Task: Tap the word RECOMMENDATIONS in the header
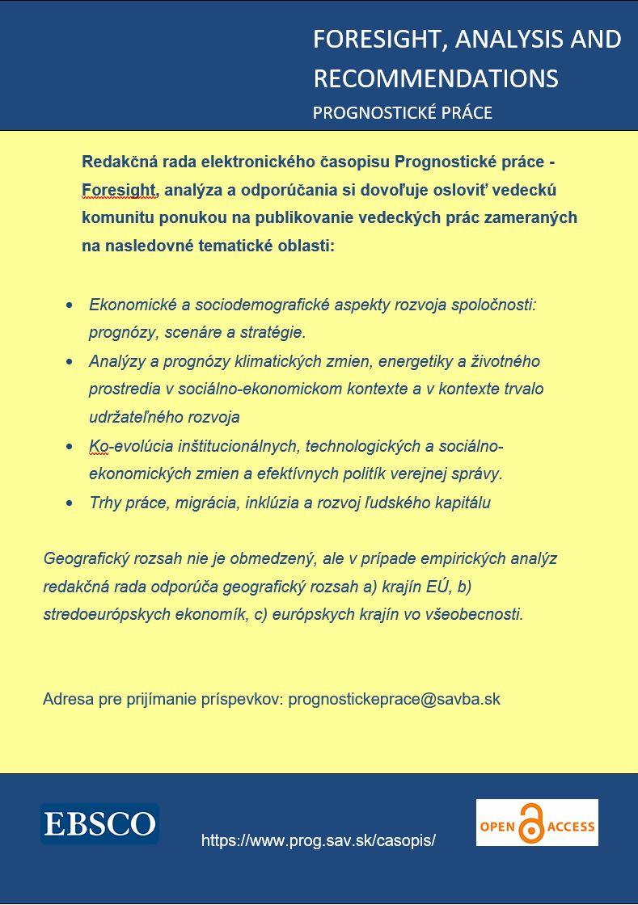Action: point(435,78)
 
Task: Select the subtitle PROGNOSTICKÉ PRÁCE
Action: point(402,112)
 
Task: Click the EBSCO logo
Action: point(100,823)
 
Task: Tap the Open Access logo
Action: point(537,823)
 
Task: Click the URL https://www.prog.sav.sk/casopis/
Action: point(319,840)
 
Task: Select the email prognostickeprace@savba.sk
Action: point(394,699)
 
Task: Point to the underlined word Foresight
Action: point(118,190)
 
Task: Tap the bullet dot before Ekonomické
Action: point(70,305)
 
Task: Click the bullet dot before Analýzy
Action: point(70,361)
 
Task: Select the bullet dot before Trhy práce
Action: point(70,503)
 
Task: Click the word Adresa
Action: point(68,699)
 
